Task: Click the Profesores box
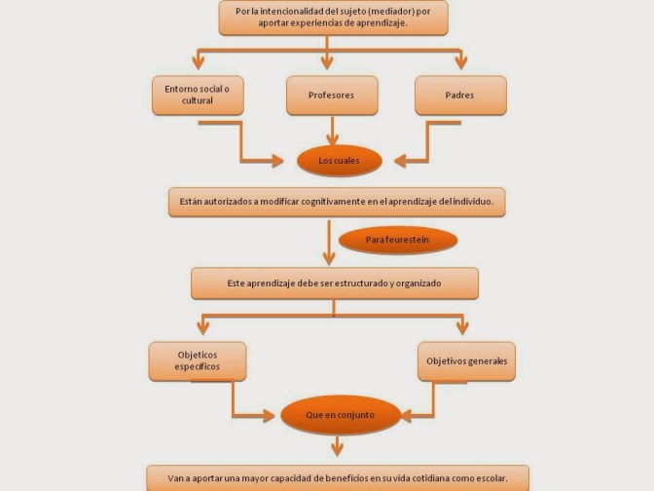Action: [x=332, y=96]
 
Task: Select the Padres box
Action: [x=460, y=96]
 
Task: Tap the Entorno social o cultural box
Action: [x=198, y=95]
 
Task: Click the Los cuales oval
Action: [x=338, y=159]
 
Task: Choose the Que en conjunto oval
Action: [x=340, y=415]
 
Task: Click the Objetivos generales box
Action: [x=466, y=360]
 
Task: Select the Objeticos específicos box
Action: [x=198, y=360]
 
